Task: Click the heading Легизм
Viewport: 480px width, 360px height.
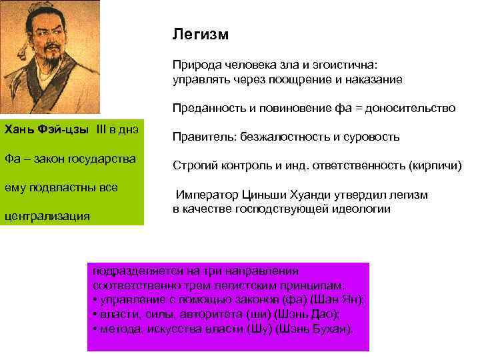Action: [x=200, y=34]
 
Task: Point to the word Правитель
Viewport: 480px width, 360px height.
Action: [x=198, y=137]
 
